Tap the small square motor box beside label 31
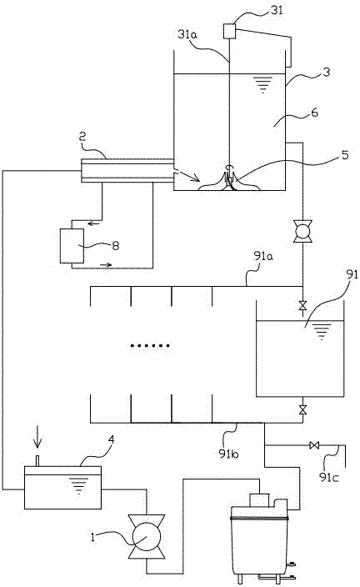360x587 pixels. [x=229, y=32]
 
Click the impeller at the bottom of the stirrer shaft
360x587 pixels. [x=227, y=177]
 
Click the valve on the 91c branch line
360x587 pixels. [x=314, y=445]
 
